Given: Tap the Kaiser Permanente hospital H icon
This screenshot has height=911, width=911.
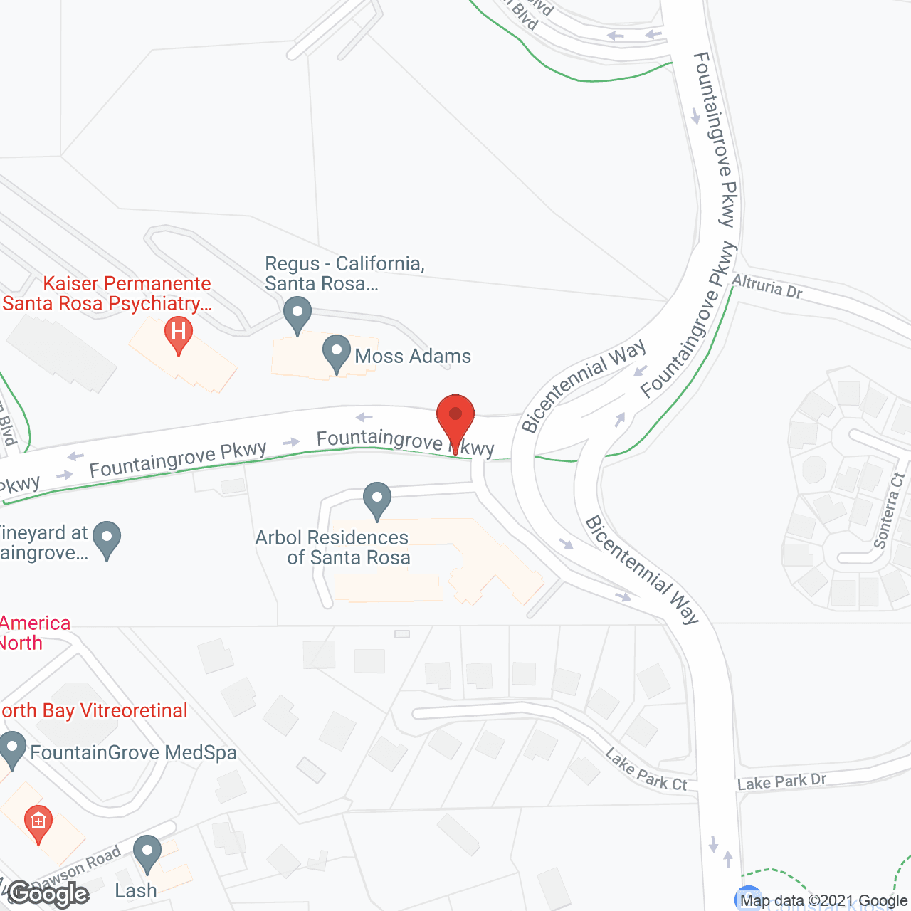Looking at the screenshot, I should click(x=178, y=334).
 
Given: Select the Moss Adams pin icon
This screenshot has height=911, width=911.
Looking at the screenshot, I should click(x=336, y=352).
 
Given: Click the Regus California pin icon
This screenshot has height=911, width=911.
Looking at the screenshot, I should click(x=297, y=314).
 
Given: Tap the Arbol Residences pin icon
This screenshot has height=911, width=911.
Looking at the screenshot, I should click(x=376, y=500).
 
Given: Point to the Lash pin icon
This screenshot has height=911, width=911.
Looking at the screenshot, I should click(x=147, y=853).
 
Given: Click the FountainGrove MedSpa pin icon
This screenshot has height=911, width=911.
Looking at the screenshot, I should click(x=11, y=749).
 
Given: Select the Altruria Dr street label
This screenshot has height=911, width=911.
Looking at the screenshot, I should click(x=767, y=285).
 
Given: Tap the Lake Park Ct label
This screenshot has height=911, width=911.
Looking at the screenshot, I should click(x=646, y=770).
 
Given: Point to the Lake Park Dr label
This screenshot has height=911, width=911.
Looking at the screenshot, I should click(x=781, y=781).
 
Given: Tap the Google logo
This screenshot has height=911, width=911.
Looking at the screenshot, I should click(x=48, y=894).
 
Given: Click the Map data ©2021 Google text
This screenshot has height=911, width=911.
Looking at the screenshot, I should click(x=823, y=901).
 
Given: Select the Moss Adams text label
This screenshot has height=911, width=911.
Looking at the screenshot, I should click(x=413, y=356).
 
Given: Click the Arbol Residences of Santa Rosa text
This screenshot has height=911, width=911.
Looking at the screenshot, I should click(x=332, y=547).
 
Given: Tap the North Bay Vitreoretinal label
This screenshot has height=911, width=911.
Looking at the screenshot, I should click(x=94, y=710).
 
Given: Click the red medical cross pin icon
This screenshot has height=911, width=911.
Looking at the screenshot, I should click(x=38, y=822).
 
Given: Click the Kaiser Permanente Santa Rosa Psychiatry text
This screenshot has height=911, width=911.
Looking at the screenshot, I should click(x=107, y=293).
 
